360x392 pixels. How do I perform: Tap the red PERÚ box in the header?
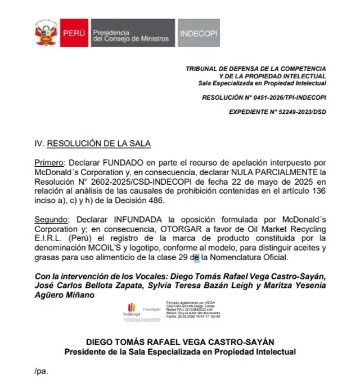[74, 33]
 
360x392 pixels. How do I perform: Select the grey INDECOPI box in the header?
[199, 33]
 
